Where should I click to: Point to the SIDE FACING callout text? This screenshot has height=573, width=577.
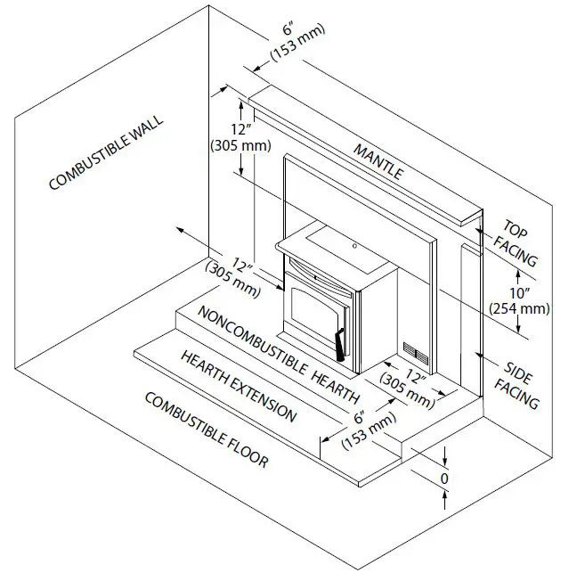click(x=522, y=385)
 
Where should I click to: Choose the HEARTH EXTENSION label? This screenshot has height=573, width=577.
click(x=238, y=386)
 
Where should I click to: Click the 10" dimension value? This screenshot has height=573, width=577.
click(x=519, y=293)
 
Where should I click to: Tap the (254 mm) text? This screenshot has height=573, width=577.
click(x=519, y=308)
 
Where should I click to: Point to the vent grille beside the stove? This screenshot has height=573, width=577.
click(x=414, y=356)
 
